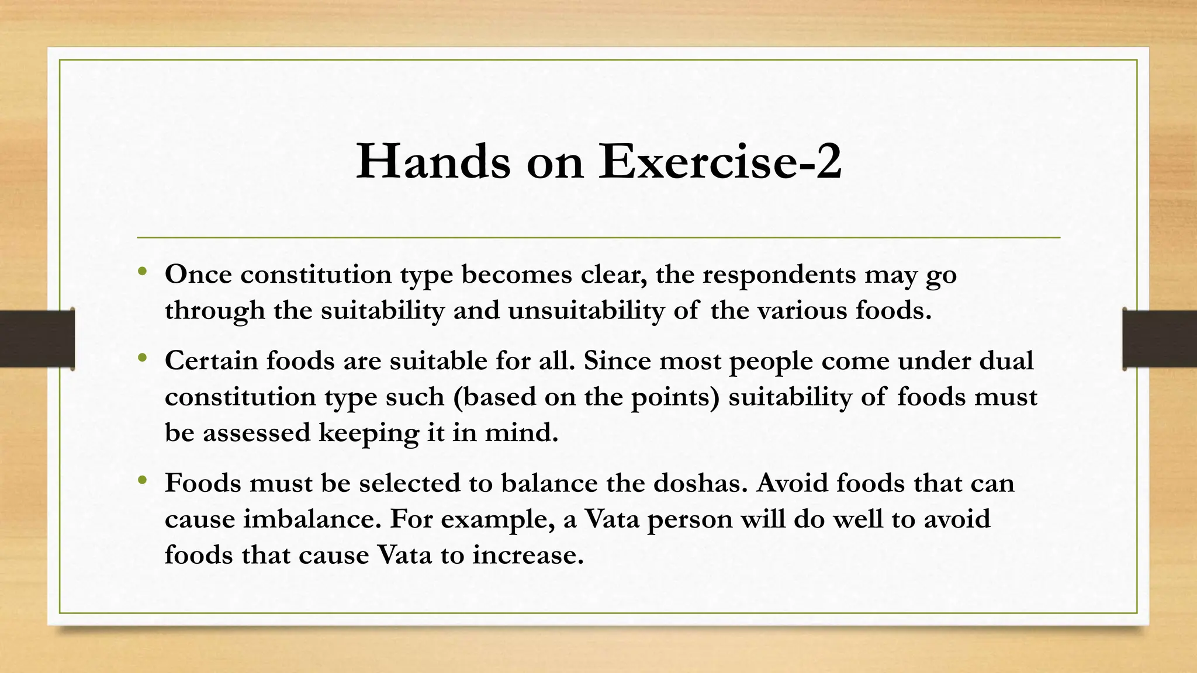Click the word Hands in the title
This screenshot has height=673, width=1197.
click(433, 161)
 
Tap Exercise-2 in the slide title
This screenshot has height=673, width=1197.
click(719, 161)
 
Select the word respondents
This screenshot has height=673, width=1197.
click(779, 275)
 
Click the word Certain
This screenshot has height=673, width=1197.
click(211, 361)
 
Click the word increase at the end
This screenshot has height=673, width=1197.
click(528, 555)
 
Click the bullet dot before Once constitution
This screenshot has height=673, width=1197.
click(142, 272)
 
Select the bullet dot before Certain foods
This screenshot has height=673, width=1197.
click(142, 358)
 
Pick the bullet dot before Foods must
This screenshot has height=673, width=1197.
click(142, 481)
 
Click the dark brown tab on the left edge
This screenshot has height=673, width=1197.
click(37, 339)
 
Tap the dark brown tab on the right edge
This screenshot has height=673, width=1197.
click(1160, 339)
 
